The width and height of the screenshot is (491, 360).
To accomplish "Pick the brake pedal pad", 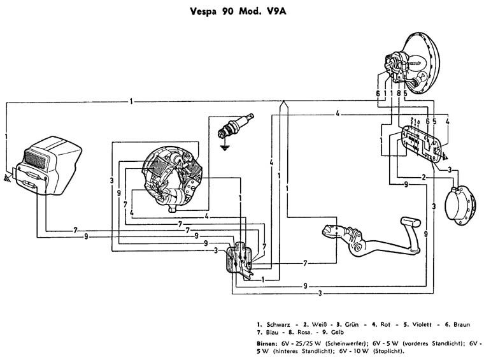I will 405,222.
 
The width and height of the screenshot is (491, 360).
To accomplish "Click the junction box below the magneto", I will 240,257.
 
